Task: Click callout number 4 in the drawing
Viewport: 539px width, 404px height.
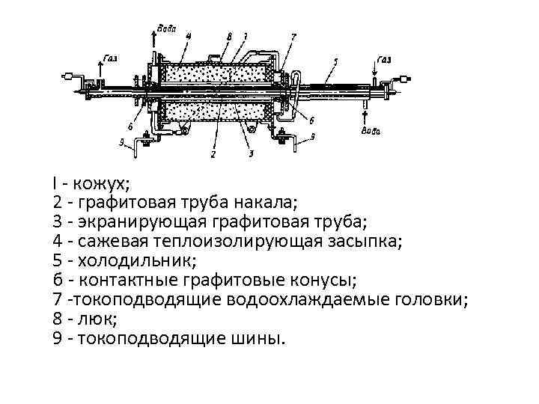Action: (x=188, y=34)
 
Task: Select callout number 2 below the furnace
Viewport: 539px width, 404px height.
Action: (x=213, y=156)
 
